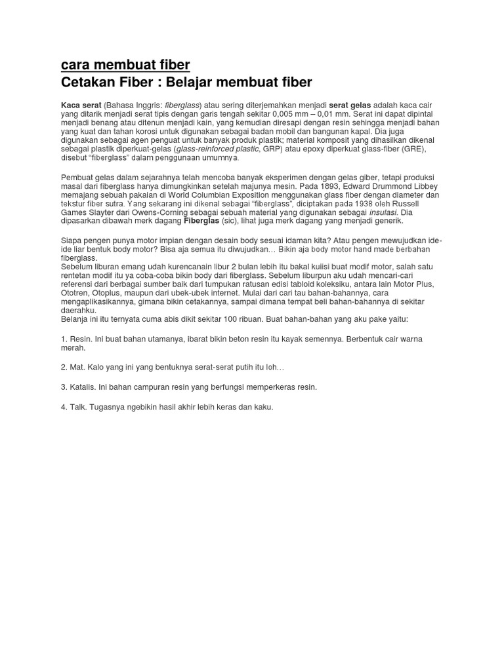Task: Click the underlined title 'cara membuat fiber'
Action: point(125,65)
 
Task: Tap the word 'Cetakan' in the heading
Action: point(87,83)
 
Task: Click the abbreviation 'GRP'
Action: point(271,149)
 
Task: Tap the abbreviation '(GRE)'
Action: point(413,149)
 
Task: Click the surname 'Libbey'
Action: point(424,187)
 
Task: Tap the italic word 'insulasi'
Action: point(384,212)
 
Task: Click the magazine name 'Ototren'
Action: point(75,293)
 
